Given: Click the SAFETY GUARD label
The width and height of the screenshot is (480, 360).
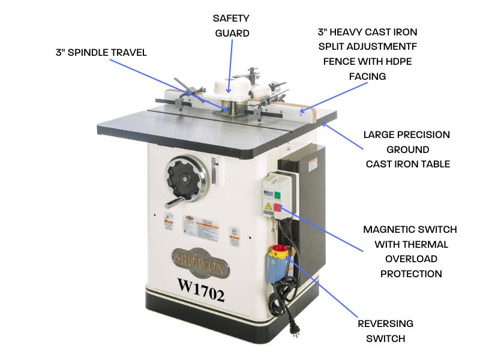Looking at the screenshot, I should tap(231, 26).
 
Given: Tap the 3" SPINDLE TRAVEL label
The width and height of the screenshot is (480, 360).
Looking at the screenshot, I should tap(100, 53).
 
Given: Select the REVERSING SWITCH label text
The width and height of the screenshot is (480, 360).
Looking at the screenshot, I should tap(385, 331).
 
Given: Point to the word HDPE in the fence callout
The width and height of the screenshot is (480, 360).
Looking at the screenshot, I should tap(398, 61).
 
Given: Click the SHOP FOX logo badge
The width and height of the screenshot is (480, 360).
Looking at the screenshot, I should tap(200, 258).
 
